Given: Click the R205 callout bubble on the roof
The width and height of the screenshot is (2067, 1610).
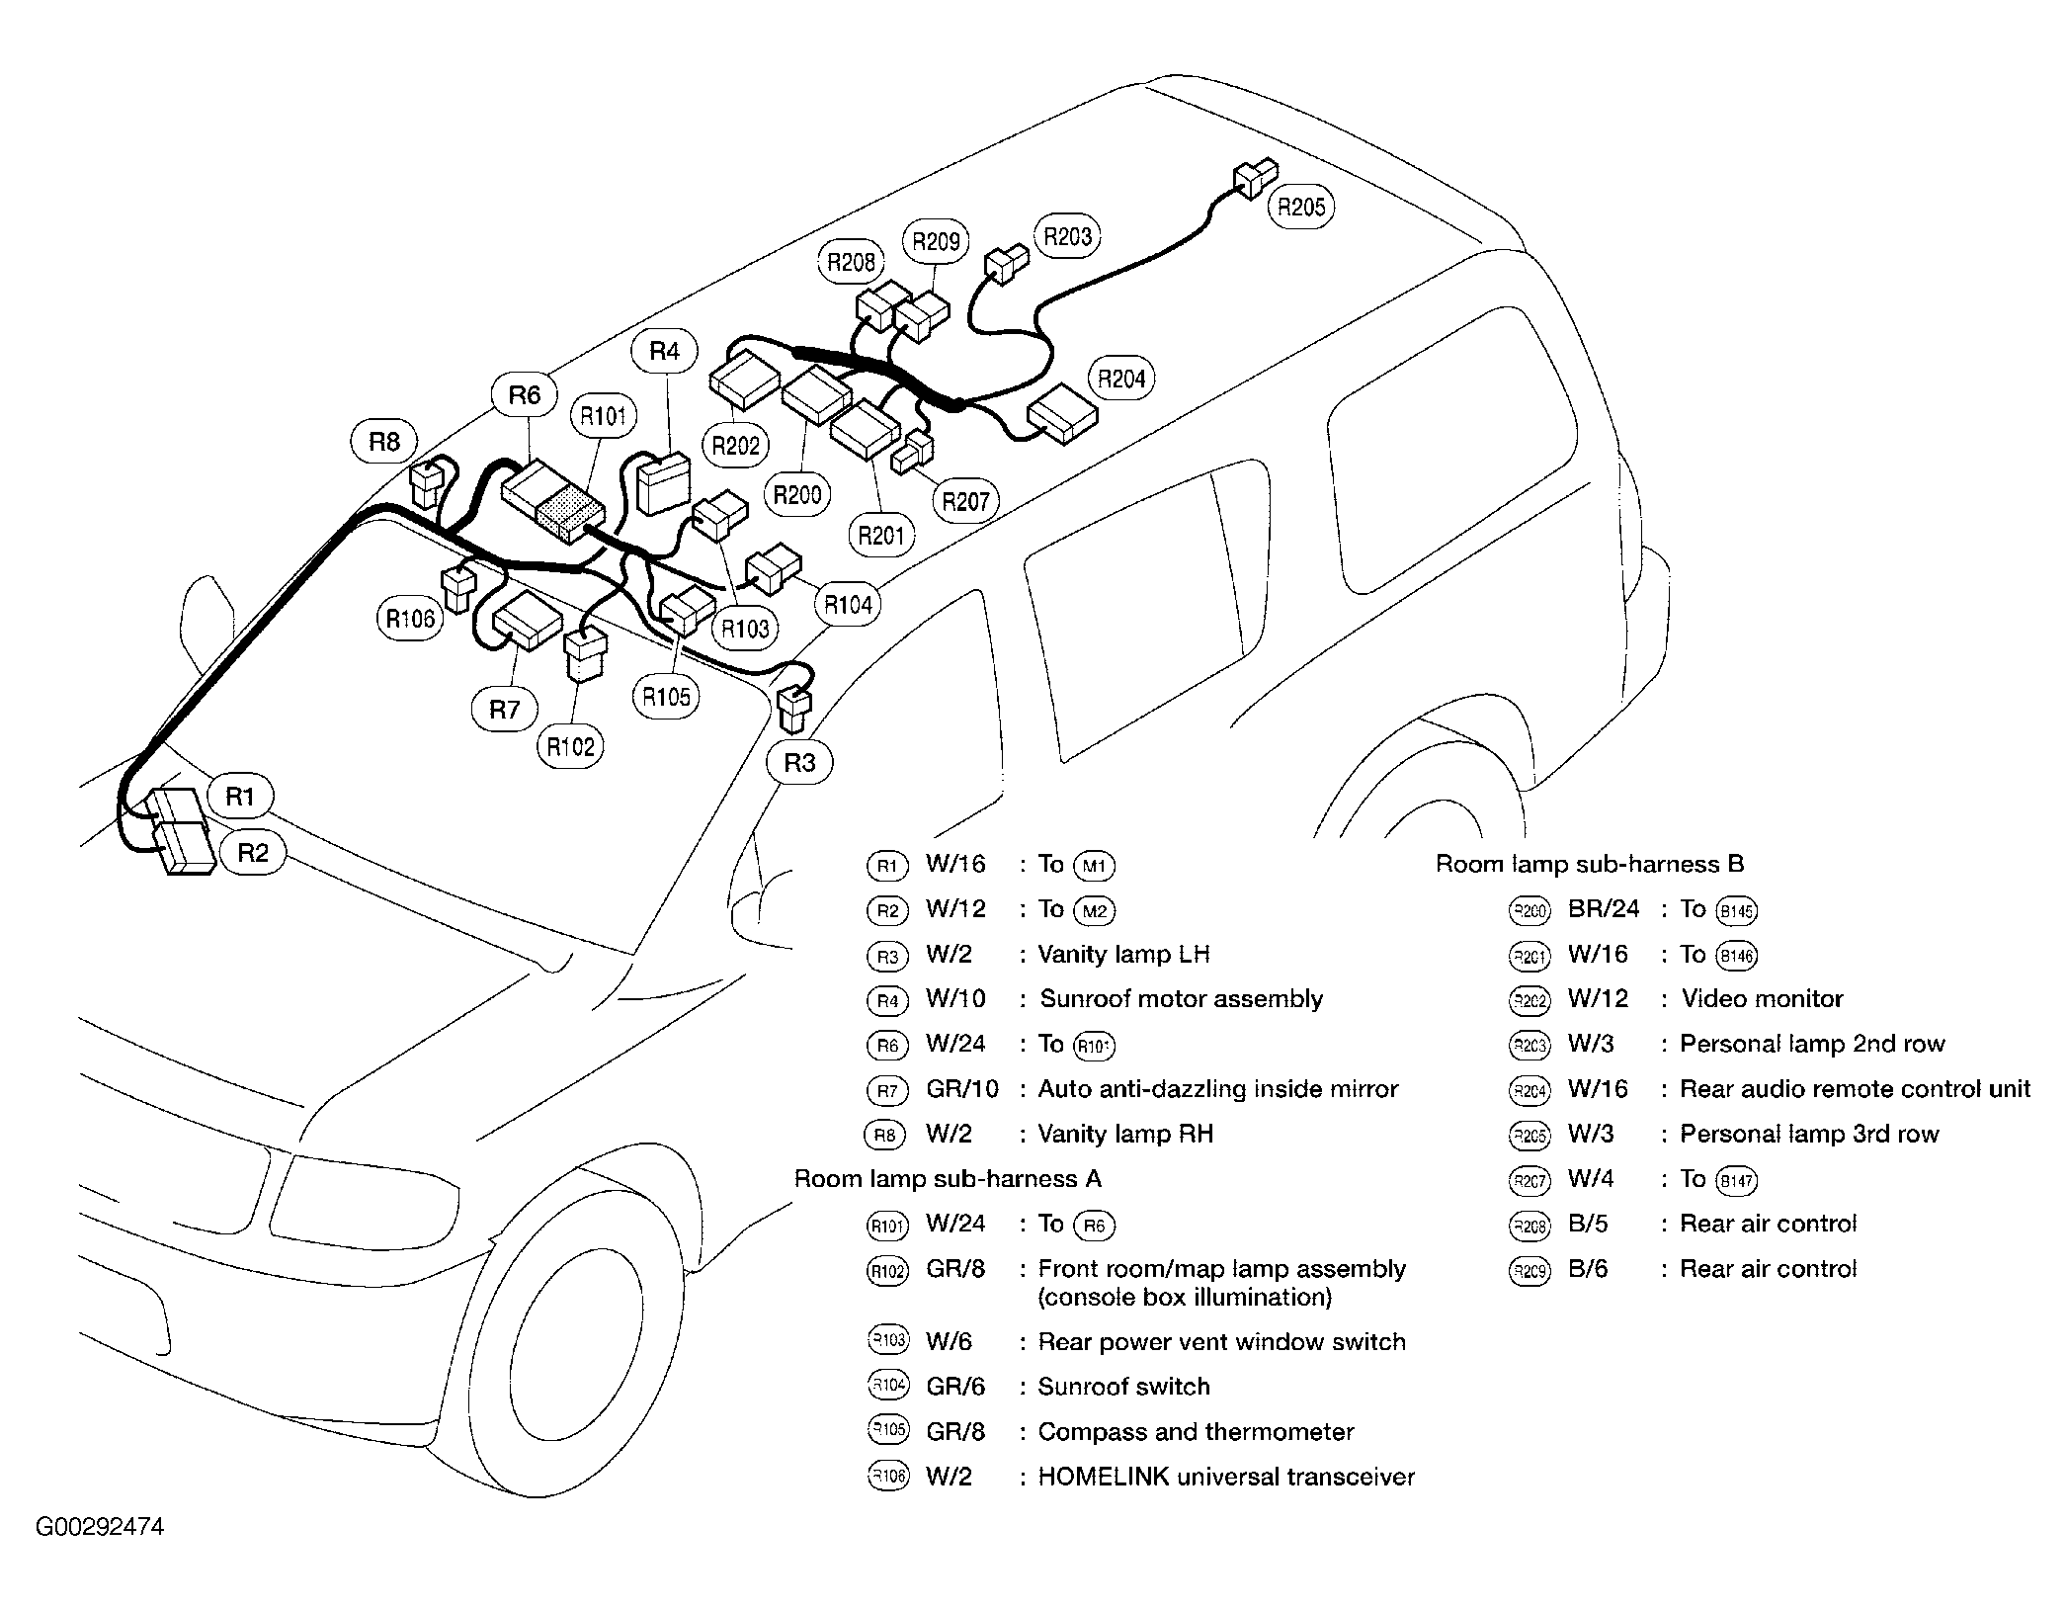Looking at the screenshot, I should tap(1300, 207).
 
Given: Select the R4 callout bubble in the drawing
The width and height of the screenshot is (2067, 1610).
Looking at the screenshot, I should tap(665, 351).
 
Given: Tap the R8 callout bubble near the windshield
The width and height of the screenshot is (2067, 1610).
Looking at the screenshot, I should tap(384, 441).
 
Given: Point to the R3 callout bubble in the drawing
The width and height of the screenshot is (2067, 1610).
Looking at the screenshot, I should tap(799, 762).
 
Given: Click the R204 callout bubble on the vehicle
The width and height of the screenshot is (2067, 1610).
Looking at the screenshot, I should tap(1121, 379).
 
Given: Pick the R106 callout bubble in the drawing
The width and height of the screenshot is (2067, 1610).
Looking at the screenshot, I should tap(410, 619).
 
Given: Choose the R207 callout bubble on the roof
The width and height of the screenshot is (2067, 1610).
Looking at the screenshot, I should tap(965, 501).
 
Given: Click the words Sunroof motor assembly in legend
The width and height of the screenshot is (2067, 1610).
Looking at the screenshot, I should tap(1181, 999).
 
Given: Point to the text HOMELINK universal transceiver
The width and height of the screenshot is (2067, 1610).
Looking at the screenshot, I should tap(1226, 1477).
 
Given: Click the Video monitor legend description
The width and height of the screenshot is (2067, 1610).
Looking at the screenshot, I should tap(1762, 999).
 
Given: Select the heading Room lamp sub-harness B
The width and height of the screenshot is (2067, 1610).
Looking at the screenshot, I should tap(1590, 865).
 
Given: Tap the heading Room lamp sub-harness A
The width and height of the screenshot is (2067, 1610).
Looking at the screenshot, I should tap(948, 1179).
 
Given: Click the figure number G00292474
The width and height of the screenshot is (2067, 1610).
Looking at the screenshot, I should tap(100, 1527).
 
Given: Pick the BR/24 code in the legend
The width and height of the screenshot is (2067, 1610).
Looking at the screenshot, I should tap(1603, 909).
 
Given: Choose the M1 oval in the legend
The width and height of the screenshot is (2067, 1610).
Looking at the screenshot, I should tap(1094, 867).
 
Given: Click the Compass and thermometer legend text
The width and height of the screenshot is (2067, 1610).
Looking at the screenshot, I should tap(1196, 1432).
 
